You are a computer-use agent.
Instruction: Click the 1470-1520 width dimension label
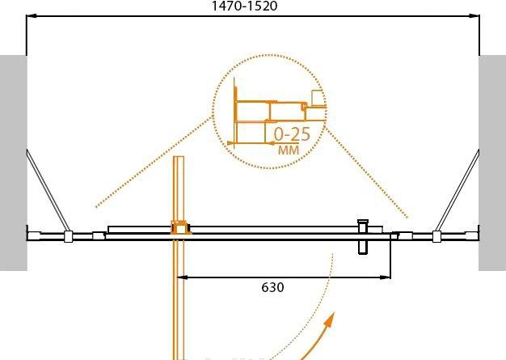click(244, 6)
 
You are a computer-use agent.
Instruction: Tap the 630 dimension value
click(272, 287)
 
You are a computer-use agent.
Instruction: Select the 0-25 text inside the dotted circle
click(292, 134)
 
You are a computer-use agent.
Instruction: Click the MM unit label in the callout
click(289, 150)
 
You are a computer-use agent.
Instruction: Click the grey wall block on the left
click(13, 163)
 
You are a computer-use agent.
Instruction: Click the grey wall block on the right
click(492, 163)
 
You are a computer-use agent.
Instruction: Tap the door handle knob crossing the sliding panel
click(363, 237)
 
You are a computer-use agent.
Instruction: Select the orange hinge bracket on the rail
click(181, 227)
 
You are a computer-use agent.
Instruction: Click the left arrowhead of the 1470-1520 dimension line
click(31, 15)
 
